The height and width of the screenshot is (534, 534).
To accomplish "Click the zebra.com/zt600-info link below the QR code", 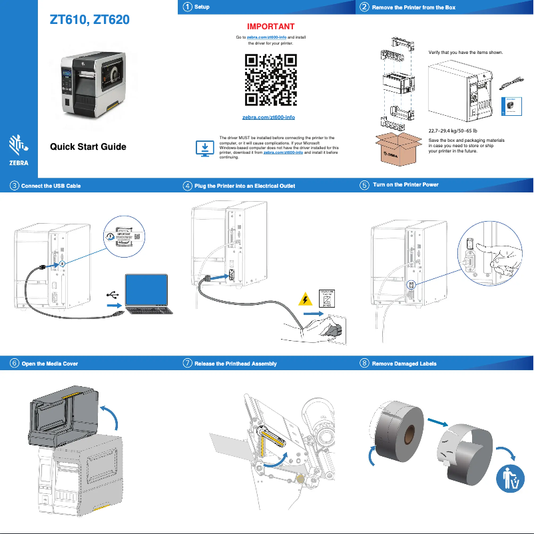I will coord(268,117).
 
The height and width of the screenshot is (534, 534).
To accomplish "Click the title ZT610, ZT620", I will coord(89,20).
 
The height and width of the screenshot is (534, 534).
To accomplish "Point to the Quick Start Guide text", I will coord(88,147).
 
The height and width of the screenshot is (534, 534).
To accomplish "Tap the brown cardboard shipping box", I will coord(399,148).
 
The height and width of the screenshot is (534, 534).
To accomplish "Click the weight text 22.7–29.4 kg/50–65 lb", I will coord(453,131).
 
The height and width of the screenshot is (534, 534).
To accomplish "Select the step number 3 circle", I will coord(14,186).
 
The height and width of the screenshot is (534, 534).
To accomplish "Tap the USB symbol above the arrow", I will coord(113,293).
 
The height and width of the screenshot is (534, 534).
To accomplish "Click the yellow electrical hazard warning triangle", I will coord(306,299).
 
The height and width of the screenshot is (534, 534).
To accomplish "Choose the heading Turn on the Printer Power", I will coord(405,184).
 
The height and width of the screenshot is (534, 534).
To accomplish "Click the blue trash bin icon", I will coord(511,477).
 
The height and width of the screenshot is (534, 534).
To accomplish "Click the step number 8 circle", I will coord(364,364).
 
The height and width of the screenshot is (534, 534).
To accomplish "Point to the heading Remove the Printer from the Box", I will coord(413,7).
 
